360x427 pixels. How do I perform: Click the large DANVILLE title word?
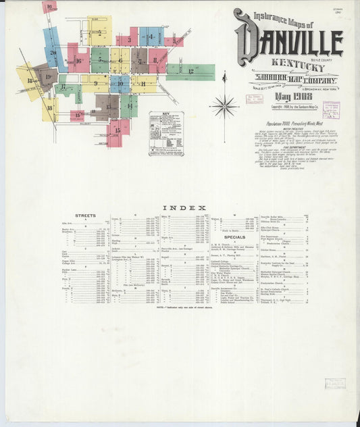(288, 44)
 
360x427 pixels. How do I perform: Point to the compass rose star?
(224, 106)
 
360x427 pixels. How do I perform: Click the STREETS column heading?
(86, 215)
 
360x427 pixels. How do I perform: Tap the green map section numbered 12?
(190, 71)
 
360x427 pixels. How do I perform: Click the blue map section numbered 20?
(53, 51)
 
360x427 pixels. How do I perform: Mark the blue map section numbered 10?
(120, 84)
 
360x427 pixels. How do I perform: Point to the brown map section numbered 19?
(47, 77)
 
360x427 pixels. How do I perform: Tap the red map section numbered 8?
(157, 60)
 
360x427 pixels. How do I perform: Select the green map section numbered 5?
(100, 59)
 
